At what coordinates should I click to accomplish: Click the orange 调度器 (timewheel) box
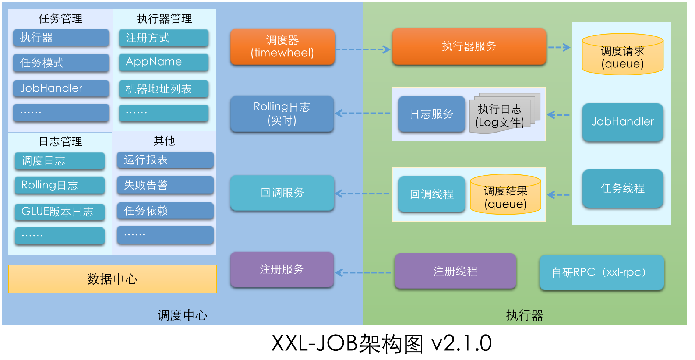click(x=282, y=47)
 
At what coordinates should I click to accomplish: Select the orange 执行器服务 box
click(x=469, y=46)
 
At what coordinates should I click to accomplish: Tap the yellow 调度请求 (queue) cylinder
click(x=622, y=55)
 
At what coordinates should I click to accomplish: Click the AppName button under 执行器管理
click(x=163, y=62)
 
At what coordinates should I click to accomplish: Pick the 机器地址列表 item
click(x=163, y=89)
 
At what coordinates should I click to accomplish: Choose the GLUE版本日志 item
click(x=59, y=212)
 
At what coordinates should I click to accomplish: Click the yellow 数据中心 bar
click(x=112, y=279)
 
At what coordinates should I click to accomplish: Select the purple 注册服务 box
click(x=282, y=269)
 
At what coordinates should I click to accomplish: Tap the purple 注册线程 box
click(x=455, y=271)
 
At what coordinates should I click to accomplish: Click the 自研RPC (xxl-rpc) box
click(x=601, y=272)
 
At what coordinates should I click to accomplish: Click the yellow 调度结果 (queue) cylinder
click(x=505, y=195)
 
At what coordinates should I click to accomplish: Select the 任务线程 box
click(x=622, y=188)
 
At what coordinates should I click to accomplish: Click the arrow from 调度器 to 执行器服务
click(x=363, y=49)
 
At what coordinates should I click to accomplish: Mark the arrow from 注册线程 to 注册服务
click(x=363, y=273)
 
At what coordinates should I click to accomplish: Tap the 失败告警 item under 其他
click(x=165, y=185)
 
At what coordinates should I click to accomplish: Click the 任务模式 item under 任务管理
click(x=61, y=63)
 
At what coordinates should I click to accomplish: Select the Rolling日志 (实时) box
click(x=282, y=113)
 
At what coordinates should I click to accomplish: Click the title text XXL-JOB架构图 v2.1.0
click(x=381, y=343)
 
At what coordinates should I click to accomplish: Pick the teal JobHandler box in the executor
click(x=622, y=122)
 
